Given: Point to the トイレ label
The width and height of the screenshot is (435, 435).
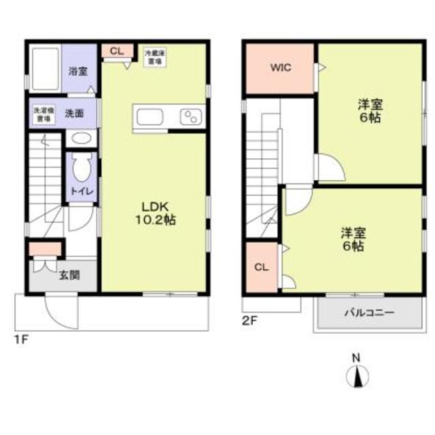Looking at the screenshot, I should [83, 191].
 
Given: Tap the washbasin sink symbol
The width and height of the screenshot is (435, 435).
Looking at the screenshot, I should [82, 139].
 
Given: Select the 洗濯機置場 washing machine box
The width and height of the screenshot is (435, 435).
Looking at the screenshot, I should [41, 114].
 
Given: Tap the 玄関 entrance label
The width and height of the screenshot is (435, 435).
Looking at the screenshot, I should [69, 275].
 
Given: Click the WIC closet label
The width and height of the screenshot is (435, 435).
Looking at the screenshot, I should [280, 68].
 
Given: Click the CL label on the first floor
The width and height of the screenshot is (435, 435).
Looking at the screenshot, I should [116, 51].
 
